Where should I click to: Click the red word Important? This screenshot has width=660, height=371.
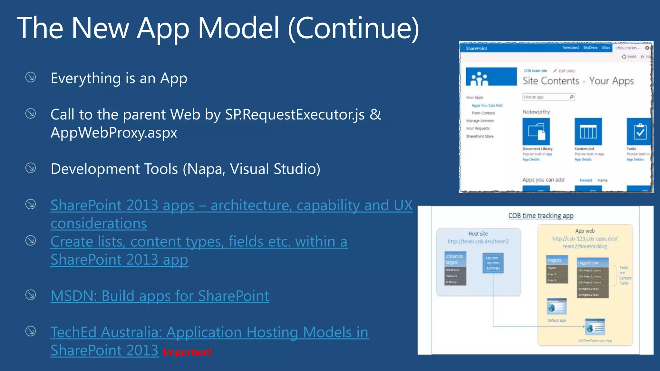click(187, 352)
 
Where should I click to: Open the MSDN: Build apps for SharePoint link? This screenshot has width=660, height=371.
click(160, 296)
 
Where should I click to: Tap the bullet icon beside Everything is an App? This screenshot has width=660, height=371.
click(31, 77)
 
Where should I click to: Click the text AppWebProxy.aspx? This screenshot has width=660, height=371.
click(114, 133)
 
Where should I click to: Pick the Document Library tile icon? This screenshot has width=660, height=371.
click(536, 132)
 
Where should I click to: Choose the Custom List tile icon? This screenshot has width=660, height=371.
click(588, 132)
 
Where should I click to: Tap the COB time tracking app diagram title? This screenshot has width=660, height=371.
click(541, 216)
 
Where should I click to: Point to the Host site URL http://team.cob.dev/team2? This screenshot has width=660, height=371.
click(478, 242)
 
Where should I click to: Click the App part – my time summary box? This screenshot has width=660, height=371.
click(493, 263)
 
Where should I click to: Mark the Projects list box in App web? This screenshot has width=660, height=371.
click(557, 270)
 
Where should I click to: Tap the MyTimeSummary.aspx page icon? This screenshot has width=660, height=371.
click(595, 328)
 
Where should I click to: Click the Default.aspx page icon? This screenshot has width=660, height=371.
click(557, 307)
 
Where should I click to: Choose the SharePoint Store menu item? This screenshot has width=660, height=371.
click(480, 136)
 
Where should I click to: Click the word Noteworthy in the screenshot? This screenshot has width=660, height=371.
click(536, 112)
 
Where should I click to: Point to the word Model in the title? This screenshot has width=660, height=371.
click(238, 28)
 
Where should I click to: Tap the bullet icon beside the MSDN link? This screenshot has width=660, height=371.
click(31, 295)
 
